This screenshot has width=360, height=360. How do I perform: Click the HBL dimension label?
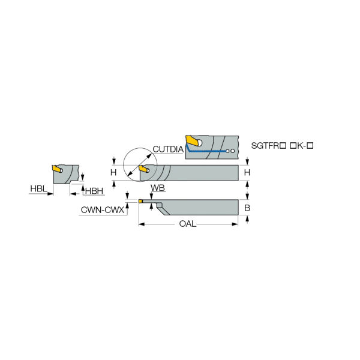(x=38, y=189)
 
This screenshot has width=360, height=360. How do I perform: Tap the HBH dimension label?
(x=94, y=191)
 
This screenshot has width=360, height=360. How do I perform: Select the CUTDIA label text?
(x=168, y=149)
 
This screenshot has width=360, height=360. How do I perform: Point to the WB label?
(x=158, y=188)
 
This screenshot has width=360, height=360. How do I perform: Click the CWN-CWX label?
(x=103, y=210)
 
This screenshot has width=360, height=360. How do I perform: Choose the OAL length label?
(x=188, y=224)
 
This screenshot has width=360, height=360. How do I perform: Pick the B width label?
(x=247, y=208)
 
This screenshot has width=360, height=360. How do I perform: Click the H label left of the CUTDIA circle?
(x=113, y=172)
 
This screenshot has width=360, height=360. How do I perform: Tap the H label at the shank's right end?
(x=247, y=172)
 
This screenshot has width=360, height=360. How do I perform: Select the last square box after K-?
(x=310, y=146)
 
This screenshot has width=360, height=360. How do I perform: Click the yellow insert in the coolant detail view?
(x=193, y=140)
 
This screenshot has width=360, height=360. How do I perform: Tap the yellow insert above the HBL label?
(x=57, y=169)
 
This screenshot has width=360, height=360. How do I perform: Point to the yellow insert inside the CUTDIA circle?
(x=144, y=169)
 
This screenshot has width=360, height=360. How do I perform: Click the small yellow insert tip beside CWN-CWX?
(x=140, y=202)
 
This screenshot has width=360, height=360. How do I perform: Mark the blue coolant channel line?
(x=205, y=148)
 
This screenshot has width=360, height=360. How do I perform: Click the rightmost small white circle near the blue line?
(x=233, y=151)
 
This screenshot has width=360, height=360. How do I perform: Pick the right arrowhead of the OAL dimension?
(x=235, y=224)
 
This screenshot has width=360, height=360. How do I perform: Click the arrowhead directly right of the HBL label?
(x=50, y=194)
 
